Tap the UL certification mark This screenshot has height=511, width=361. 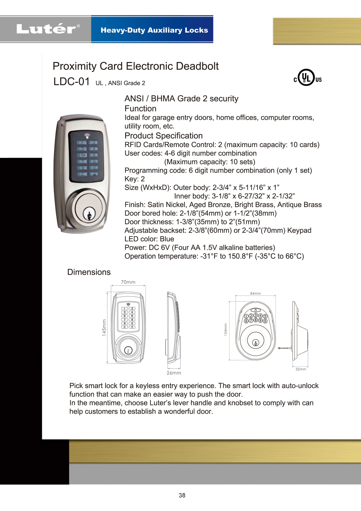(x=307, y=78)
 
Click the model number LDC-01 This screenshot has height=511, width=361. (x=72, y=82)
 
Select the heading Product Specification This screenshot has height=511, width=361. (x=164, y=136)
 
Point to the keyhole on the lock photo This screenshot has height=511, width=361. (x=89, y=215)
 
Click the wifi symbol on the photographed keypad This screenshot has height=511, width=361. (x=87, y=136)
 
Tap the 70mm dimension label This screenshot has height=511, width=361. (x=128, y=282)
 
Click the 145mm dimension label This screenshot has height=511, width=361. (x=104, y=328)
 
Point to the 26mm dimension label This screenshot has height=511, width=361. (x=174, y=373)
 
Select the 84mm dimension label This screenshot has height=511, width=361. (x=255, y=293)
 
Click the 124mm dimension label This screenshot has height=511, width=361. (x=226, y=330)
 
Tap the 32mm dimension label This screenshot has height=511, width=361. (x=300, y=369)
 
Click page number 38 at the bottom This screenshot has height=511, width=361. (x=182, y=495)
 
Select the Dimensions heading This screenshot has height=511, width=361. (x=89, y=272)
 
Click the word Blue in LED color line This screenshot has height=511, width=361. (x=167, y=239)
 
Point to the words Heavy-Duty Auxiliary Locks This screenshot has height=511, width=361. (x=154, y=30)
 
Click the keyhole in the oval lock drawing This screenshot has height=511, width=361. (x=256, y=343)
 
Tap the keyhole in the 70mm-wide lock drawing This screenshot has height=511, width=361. (x=128, y=350)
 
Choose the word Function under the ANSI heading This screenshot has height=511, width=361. (x=140, y=109)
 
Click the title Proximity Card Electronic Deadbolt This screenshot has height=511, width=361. (x=135, y=66)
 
